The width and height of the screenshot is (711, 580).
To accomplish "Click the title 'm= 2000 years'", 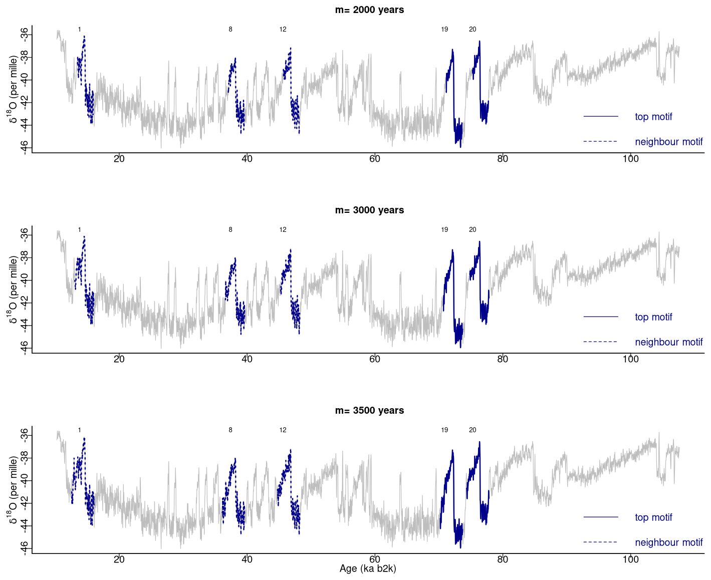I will (x=369, y=10).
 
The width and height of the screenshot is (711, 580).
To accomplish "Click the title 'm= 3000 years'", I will (x=369, y=210).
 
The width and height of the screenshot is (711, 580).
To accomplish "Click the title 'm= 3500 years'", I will (x=369, y=411).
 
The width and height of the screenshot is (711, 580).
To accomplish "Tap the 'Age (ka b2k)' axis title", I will (x=368, y=568).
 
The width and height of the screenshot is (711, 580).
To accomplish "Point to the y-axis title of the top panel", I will (x=14, y=89).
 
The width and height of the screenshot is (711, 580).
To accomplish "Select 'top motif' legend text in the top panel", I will (x=653, y=117).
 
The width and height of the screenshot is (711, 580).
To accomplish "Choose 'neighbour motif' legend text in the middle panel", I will (x=668, y=342).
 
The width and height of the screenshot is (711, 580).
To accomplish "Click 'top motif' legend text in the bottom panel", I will (x=653, y=517).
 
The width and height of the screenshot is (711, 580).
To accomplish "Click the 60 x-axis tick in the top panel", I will (x=375, y=159).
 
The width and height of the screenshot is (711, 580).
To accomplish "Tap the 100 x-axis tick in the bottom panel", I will (x=630, y=559).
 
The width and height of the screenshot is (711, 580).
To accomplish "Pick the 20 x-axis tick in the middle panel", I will (x=119, y=359).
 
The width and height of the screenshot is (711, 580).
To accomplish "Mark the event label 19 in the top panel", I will (x=444, y=30).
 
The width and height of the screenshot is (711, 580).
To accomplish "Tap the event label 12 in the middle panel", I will (x=283, y=230).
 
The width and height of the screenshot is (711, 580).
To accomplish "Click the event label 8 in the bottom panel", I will (x=230, y=430).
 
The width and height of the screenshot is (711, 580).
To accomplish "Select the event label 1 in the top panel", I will (x=80, y=30).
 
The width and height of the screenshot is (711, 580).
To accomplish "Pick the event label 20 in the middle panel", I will (x=472, y=230).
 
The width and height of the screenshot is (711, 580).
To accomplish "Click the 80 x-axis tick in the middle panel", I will (x=503, y=359).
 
